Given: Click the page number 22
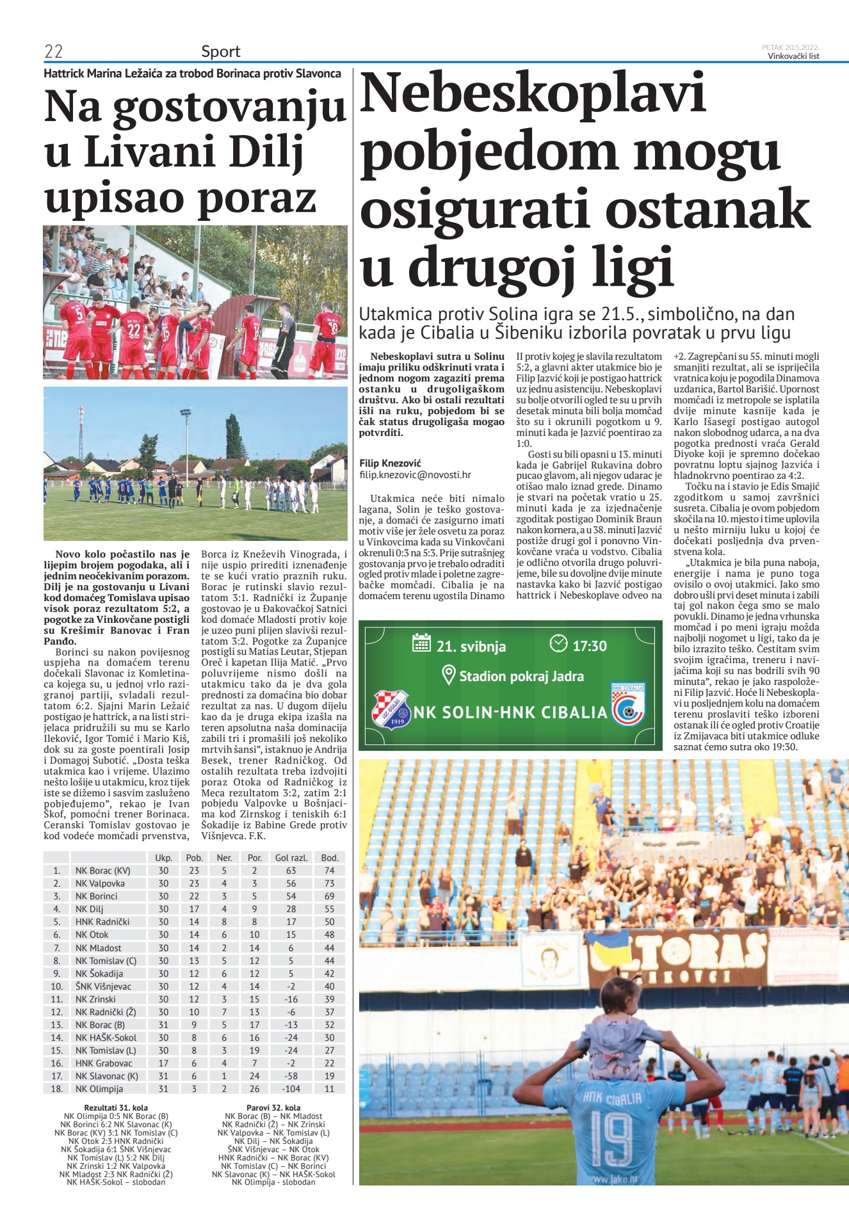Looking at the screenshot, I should click(53, 51).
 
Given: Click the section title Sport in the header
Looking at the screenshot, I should click(220, 51).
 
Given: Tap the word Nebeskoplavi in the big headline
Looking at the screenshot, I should click(533, 93).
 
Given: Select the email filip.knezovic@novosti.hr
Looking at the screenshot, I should click(415, 474).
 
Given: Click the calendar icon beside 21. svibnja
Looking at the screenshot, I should click(421, 643).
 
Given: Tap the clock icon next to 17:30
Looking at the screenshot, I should click(558, 643).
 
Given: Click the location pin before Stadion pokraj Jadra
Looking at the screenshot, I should click(449, 674).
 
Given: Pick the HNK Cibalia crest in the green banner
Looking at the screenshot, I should click(628, 705).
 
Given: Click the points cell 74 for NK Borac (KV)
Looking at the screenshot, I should click(329, 871).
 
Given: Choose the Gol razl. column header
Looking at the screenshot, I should click(291, 858).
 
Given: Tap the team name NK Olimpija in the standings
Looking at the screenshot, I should click(99, 1089).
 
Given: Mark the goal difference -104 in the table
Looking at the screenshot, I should click(291, 1089).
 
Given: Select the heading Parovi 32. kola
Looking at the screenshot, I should click(273, 1107).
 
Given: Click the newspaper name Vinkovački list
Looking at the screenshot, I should click(793, 56).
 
